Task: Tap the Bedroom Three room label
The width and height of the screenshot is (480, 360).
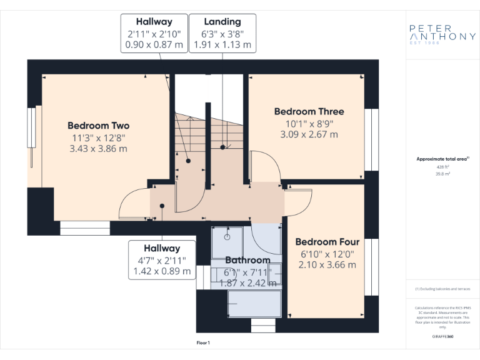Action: (x=309, y=111)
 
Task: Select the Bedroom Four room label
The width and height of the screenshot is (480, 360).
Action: (x=327, y=242)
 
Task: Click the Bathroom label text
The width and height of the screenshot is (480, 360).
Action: (x=247, y=260)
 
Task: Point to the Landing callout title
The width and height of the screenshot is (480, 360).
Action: (x=222, y=22)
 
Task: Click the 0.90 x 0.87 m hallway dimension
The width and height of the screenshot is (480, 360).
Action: (x=154, y=44)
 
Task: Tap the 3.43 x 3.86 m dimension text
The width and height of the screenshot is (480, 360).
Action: (x=98, y=149)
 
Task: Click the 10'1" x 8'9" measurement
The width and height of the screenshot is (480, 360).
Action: (x=309, y=123)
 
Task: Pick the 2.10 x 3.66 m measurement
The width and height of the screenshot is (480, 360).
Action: (x=327, y=265)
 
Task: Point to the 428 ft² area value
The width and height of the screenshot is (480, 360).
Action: (x=442, y=167)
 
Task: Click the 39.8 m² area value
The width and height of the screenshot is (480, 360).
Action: (x=442, y=174)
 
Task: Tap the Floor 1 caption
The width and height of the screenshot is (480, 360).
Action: (x=203, y=342)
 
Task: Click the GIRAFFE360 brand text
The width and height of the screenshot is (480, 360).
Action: (x=442, y=337)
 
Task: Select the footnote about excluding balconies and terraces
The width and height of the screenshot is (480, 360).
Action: (x=442, y=289)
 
